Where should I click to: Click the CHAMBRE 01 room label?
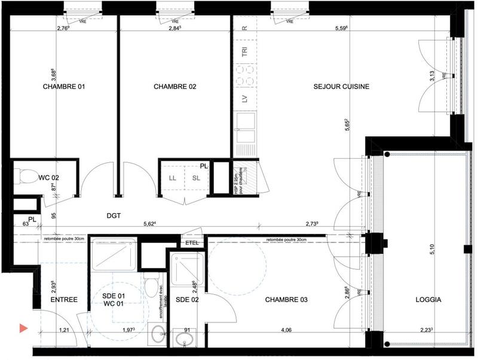tap(64, 87)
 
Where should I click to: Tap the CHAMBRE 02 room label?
tap(174, 87)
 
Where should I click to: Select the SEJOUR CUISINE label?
tap(341, 87)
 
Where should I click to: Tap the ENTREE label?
tap(63, 300)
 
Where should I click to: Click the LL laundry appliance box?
tap(173, 178)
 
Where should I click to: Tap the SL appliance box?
tap(196, 178)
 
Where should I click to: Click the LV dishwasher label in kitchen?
tap(244, 99)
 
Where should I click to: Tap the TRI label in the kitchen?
tap(244, 52)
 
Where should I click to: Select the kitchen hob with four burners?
tap(244, 75)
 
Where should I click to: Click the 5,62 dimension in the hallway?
tap(149, 224)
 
